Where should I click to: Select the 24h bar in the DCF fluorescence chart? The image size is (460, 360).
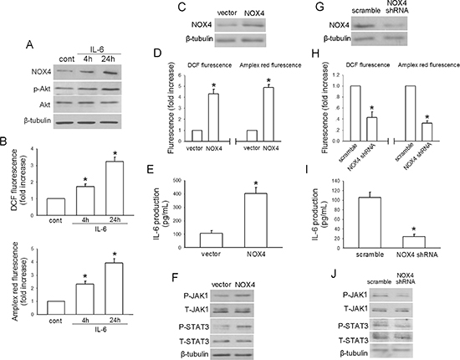pyautogui.click(x=115, y=188)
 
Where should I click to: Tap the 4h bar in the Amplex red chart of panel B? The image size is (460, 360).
pyautogui.click(x=85, y=299)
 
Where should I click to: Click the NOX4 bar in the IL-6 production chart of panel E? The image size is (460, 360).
pyautogui.click(x=256, y=220)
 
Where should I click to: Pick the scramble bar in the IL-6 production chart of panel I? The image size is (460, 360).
pyautogui.click(x=370, y=223)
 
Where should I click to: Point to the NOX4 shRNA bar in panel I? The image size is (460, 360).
pyautogui.click(x=414, y=242)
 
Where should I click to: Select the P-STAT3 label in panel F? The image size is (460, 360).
pyautogui.click(x=195, y=327)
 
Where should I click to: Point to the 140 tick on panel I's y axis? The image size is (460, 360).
pyautogui.click(x=335, y=181)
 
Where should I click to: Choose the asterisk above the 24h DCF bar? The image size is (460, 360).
pyautogui.click(x=115, y=153)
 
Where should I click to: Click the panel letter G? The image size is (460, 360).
pyautogui.click(x=320, y=7)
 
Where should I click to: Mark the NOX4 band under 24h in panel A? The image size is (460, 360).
pyautogui.click(x=112, y=73)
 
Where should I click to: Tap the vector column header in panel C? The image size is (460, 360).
pyautogui.click(x=227, y=13)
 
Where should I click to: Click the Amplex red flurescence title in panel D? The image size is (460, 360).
pyautogui.click(x=270, y=65)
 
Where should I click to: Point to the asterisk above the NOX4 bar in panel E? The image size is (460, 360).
pyautogui.click(x=256, y=183)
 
